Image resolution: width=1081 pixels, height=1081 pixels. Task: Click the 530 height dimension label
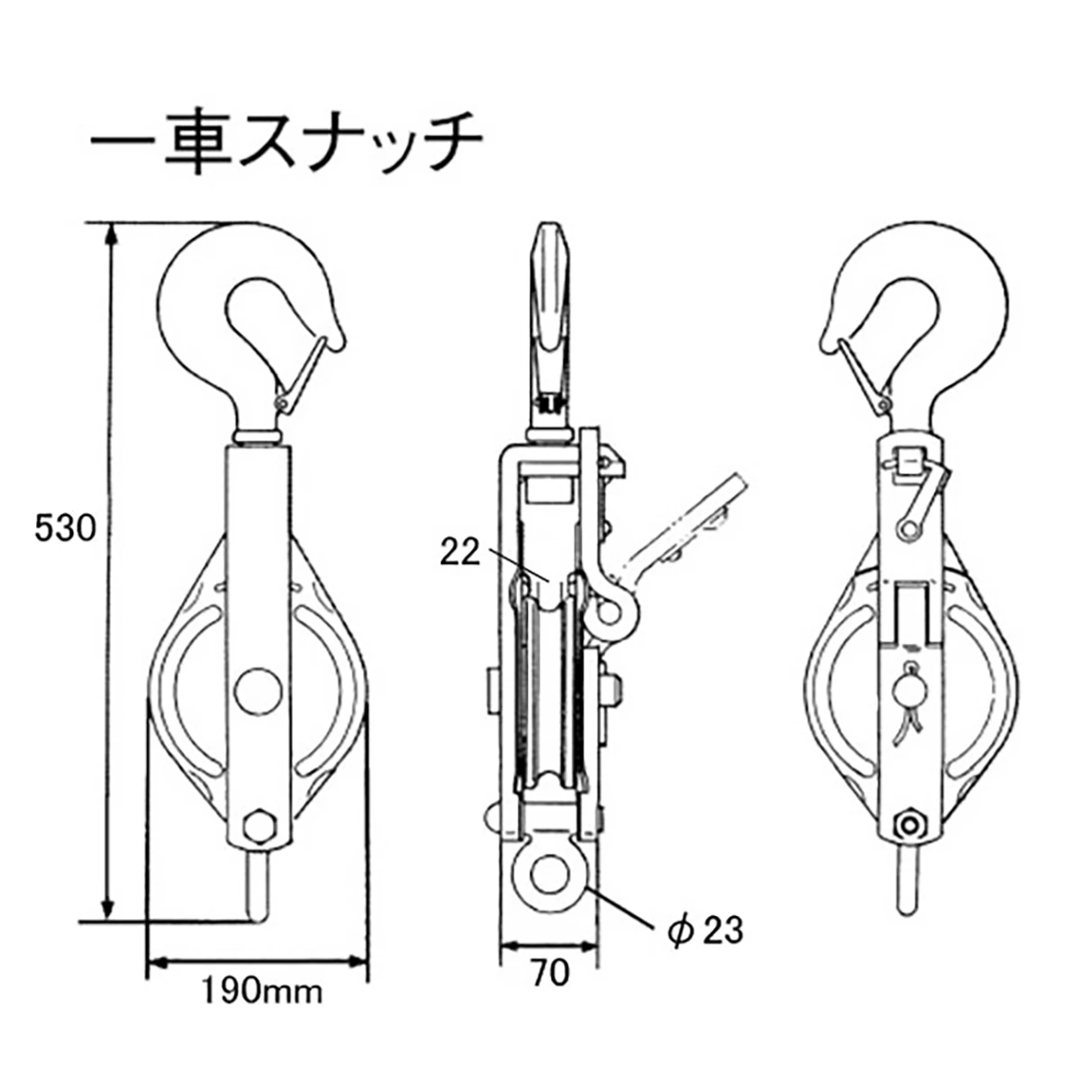tap(65, 529)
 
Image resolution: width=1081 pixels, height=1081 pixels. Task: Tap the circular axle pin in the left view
tap(258, 692)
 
